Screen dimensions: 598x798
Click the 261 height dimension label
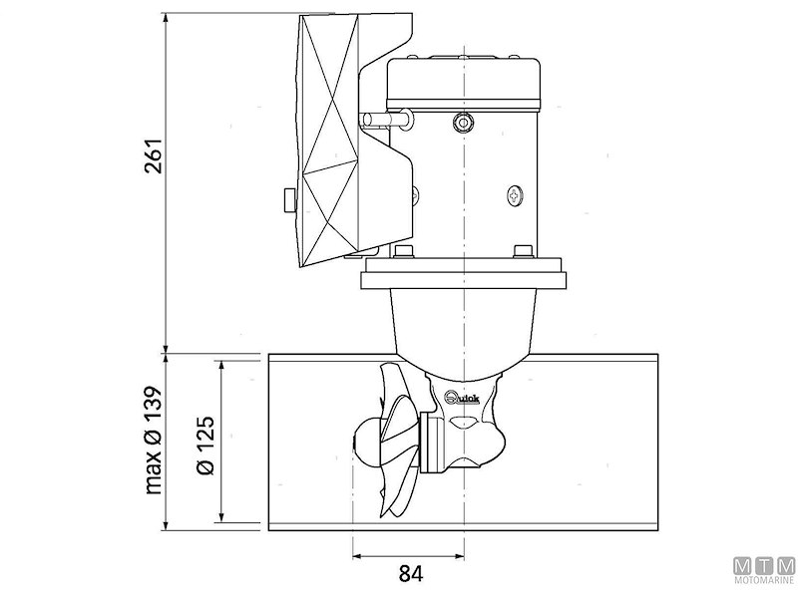pos(153,153)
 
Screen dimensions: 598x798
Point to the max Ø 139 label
pos(153,439)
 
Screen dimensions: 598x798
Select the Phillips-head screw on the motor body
pos(515,195)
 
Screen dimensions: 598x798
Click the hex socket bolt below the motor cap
pos(461,123)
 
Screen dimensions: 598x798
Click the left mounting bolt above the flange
pos(404,251)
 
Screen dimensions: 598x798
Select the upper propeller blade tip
pos(390,372)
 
